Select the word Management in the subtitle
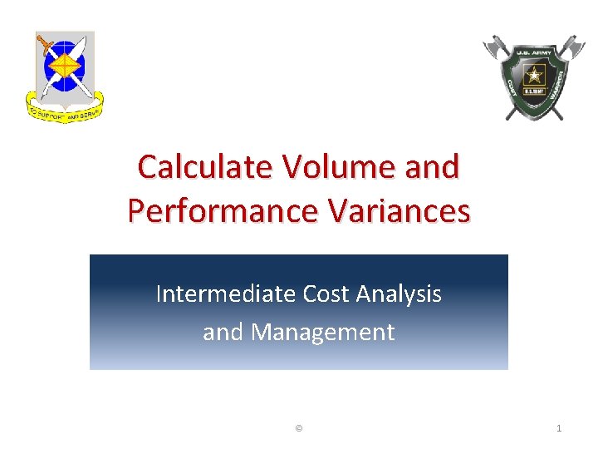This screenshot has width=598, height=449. coord(323,332)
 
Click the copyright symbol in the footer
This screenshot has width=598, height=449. coord(299,427)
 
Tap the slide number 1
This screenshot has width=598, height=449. coord(559,427)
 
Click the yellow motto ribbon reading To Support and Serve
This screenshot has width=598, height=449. coord(64,111)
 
